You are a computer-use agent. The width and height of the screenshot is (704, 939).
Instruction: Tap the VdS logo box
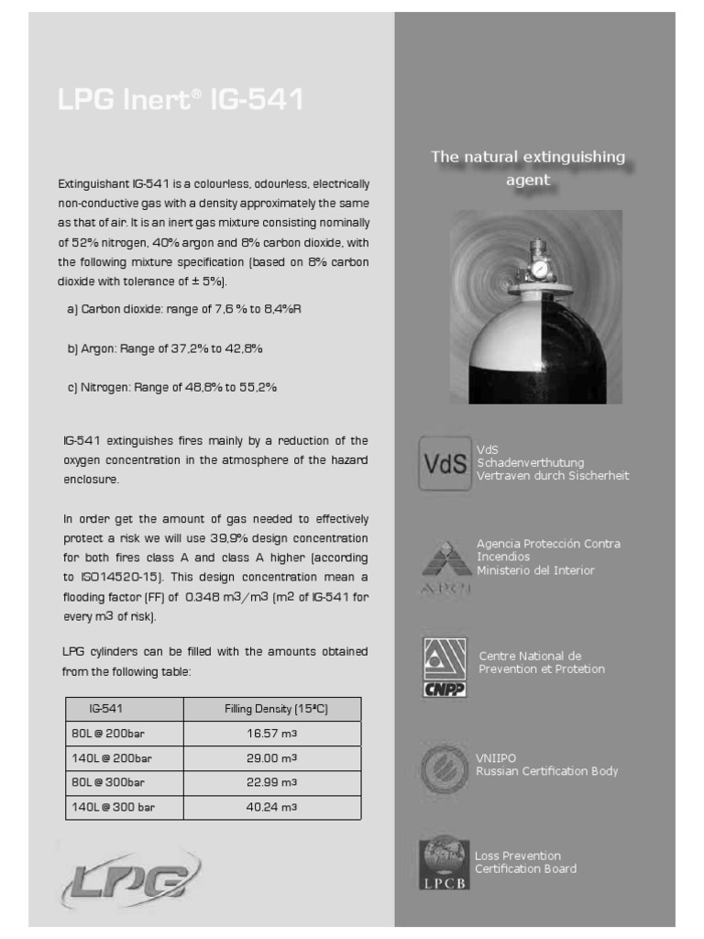tap(445, 463)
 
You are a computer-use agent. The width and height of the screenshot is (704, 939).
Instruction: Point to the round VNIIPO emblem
tap(445, 768)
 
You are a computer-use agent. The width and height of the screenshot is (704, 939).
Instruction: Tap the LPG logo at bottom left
tap(129, 880)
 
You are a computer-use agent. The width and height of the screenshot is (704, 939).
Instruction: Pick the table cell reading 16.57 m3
tap(272, 735)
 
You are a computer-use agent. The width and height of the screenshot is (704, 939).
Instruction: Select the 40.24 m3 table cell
tap(272, 807)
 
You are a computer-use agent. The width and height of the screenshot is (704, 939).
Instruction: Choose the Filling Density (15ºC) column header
tap(272, 709)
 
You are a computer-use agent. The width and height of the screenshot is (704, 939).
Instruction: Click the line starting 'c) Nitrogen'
tap(171, 388)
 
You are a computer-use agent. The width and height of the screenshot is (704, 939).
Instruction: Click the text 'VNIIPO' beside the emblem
tap(496, 758)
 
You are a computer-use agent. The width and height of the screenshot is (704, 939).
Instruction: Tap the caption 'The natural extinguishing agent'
tap(528, 168)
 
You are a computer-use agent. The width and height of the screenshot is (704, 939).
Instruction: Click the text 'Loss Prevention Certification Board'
tap(525, 862)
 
